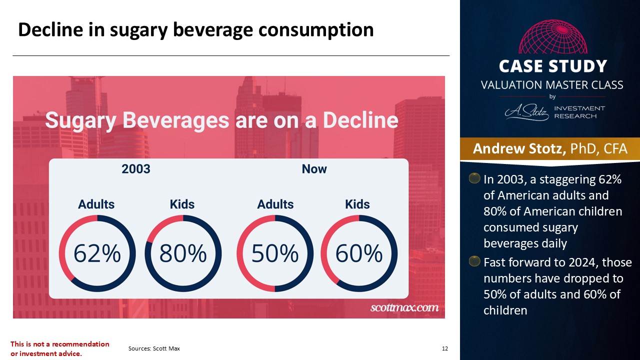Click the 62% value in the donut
tap(97, 253)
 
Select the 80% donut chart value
tap(183, 253)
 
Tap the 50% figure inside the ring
tap(275, 253)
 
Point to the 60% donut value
tap(359, 253)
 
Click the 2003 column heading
tap(136, 169)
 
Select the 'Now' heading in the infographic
tap(314, 169)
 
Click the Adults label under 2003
tap(96, 204)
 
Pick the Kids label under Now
tap(357, 204)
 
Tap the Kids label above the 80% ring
tap(182, 204)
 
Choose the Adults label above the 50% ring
tap(275, 204)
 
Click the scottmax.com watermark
tap(404, 307)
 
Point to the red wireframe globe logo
tap(553, 36)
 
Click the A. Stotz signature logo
tap(526, 112)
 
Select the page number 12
tap(445, 348)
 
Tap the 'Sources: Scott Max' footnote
tap(154, 348)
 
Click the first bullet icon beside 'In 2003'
tap(474, 178)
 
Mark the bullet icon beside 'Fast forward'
tap(474, 261)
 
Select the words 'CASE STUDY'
tap(553, 66)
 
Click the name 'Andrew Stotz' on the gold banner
tap(519, 148)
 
